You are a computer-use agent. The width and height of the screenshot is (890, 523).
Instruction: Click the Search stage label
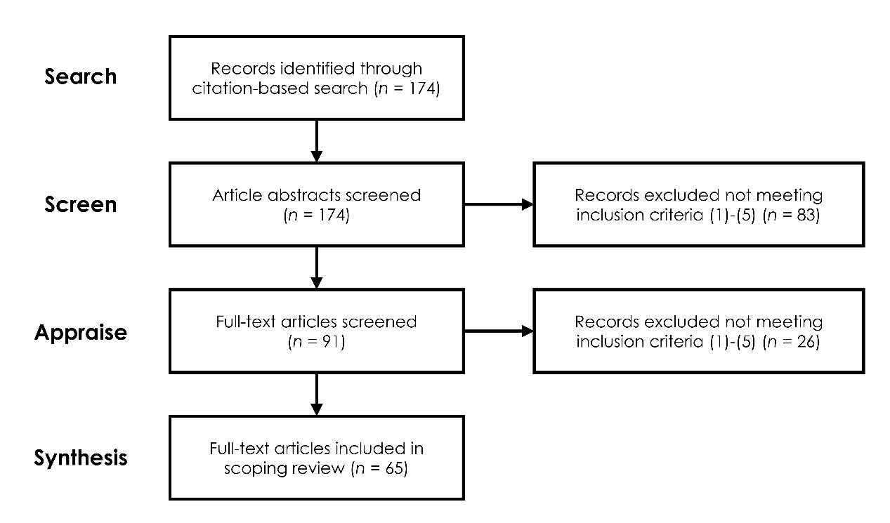click(80, 77)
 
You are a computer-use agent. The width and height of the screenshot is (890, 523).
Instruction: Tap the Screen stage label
click(80, 204)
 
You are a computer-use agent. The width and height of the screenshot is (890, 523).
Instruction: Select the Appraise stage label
click(80, 331)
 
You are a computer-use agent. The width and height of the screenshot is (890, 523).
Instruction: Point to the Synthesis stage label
click(80, 458)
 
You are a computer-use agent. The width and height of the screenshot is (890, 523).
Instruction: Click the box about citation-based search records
click(316, 78)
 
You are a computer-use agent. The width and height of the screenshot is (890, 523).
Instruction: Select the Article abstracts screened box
click(316, 204)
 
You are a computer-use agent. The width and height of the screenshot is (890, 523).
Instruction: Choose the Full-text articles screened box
click(316, 331)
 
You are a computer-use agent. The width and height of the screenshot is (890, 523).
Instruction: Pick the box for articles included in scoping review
click(316, 458)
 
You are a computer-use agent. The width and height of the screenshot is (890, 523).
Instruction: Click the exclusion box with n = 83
click(698, 204)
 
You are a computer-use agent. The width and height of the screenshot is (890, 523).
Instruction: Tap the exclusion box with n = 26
click(698, 331)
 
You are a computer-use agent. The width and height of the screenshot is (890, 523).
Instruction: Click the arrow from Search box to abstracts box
click(316, 140)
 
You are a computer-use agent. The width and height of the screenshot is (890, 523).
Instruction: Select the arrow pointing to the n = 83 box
click(498, 204)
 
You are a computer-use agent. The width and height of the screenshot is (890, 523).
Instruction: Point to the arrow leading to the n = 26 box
click(498, 331)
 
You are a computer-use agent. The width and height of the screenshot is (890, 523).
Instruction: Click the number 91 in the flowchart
click(324, 342)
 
